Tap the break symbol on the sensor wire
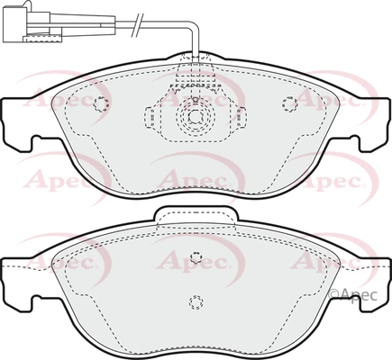[138, 25]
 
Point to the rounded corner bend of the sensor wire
[195, 26]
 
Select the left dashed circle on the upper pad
[101, 104]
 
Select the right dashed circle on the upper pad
[290, 103]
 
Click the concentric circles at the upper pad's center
[196, 116]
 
